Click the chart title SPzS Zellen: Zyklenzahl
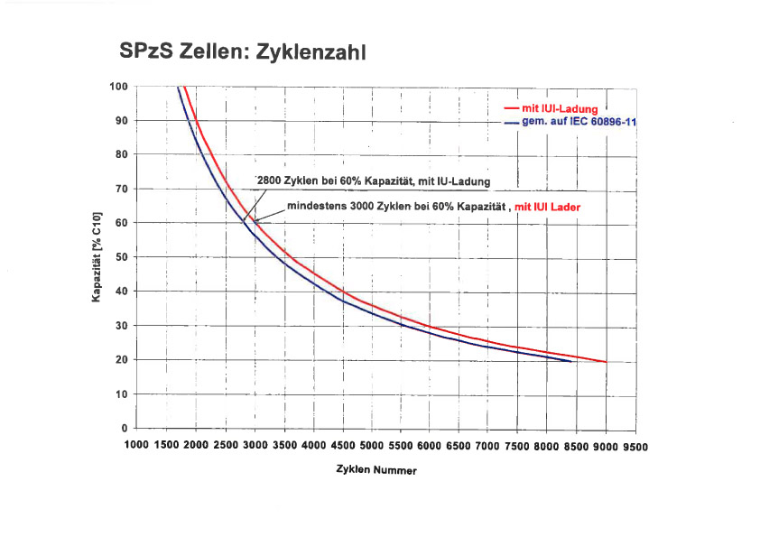[243, 52]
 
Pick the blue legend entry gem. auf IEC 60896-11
[579, 121]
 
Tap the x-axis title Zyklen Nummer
[371, 470]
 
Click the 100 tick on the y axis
[119, 87]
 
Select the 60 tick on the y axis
[122, 223]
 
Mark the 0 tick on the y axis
[125, 428]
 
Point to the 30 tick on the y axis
[122, 326]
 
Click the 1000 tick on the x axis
[136, 446]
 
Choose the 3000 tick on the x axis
[255, 446]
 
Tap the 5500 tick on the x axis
[401, 446]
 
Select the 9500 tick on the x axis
[635, 446]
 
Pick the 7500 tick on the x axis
[518, 446]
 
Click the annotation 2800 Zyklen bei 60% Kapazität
[374, 181]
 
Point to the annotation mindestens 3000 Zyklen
[397, 207]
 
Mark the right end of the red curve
[606, 361]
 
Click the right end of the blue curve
[571, 361]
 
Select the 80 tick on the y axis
[122, 154]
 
